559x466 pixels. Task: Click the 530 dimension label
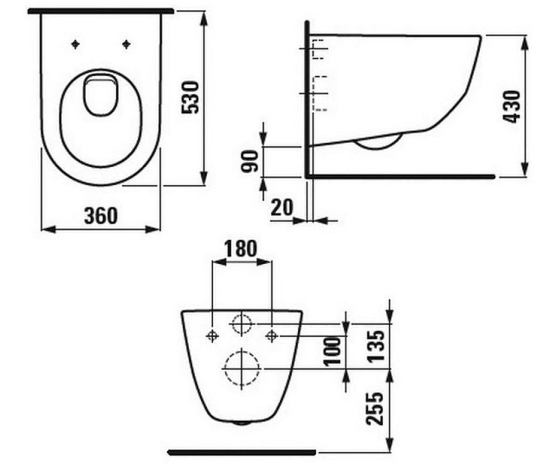[x=190, y=97]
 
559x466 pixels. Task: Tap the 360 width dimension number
[x=101, y=216]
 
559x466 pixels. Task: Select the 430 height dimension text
[x=511, y=107]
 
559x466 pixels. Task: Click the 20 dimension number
[x=282, y=207]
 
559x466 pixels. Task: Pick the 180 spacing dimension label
[x=240, y=248]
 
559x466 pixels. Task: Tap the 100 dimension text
[x=332, y=352]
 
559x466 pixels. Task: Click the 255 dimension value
[x=375, y=408]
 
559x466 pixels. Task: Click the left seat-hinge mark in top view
[x=75, y=44]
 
